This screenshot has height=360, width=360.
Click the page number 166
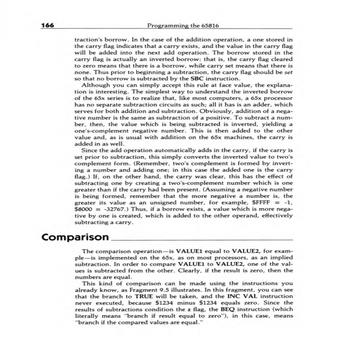click(x=48, y=25)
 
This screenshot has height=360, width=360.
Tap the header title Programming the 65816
click(x=183, y=25)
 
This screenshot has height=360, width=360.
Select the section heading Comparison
click(x=75, y=237)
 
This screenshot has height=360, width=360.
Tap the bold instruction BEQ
click(x=227, y=309)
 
